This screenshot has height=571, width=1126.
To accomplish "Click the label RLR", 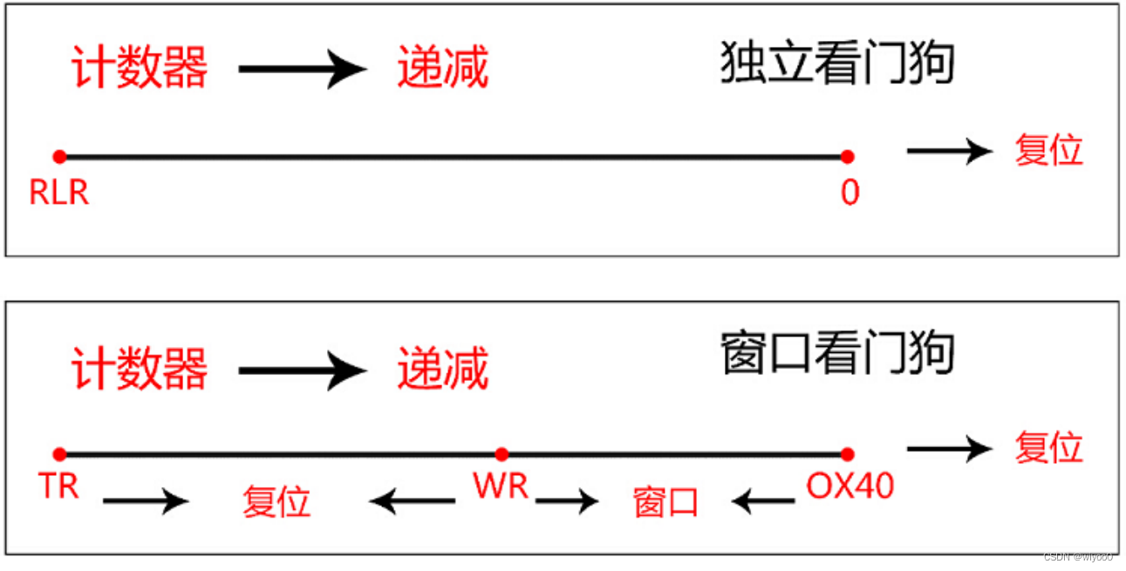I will click(x=59, y=193).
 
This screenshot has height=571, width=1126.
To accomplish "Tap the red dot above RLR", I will click(x=59, y=157).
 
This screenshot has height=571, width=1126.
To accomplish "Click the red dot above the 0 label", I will click(x=847, y=157).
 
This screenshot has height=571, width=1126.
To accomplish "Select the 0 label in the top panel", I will click(x=850, y=193).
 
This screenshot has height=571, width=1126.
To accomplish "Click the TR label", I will click(x=59, y=486).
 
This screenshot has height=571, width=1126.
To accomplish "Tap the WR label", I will click(x=501, y=486).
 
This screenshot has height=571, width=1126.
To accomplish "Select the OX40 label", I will click(x=850, y=486).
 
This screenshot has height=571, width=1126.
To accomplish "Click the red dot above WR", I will click(x=502, y=453).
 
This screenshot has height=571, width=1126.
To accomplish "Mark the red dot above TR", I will click(x=59, y=453).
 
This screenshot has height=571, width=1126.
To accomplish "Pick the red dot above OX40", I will click(x=847, y=453).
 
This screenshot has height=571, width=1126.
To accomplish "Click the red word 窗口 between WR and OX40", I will click(x=665, y=502).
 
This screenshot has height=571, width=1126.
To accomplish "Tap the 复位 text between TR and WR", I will click(x=276, y=502).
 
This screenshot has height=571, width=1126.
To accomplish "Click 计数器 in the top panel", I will click(x=140, y=67).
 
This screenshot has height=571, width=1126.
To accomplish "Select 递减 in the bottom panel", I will click(x=443, y=369).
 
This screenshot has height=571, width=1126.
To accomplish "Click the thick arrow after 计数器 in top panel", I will click(x=302, y=69).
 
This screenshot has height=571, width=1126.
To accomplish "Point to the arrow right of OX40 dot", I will click(x=949, y=448).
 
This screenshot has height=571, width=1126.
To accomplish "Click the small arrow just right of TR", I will click(x=146, y=500).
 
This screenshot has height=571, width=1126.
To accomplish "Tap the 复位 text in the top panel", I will click(x=1048, y=151).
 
